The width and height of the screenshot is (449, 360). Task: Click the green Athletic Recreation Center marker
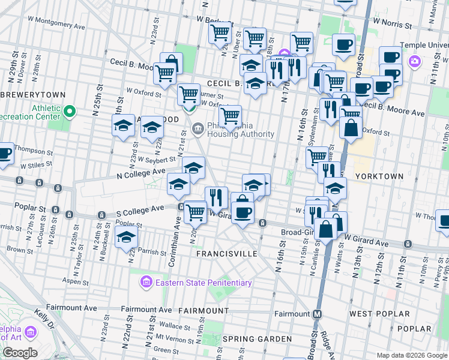70,112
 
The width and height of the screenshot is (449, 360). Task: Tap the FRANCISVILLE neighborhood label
227,254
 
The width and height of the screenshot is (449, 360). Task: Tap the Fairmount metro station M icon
317,314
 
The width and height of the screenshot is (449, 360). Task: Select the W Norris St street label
392,26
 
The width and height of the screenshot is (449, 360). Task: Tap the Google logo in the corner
20,353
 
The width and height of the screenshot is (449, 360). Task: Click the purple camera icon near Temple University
414,62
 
